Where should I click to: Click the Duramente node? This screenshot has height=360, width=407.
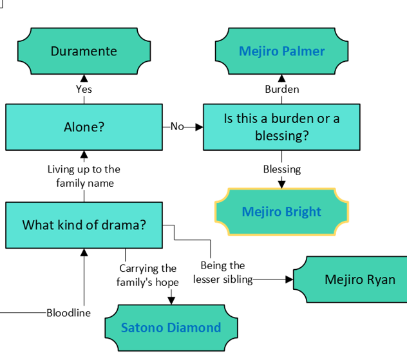(x=84, y=52)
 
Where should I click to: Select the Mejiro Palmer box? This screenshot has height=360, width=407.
(x=281, y=52)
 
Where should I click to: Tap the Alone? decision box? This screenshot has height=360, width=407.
(x=84, y=127)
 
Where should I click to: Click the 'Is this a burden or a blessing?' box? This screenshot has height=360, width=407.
(x=281, y=127)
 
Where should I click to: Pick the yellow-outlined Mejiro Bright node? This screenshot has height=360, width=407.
(x=281, y=211)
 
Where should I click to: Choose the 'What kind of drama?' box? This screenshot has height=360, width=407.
(x=84, y=225)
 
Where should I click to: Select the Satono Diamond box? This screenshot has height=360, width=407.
(x=171, y=327)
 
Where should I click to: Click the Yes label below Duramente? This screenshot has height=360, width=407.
(x=84, y=90)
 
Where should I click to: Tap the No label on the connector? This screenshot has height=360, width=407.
(x=177, y=127)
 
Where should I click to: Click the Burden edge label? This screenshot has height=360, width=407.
(x=281, y=90)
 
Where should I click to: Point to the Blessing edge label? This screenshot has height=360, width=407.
(x=281, y=169)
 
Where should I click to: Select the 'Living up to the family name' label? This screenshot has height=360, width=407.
(x=84, y=176)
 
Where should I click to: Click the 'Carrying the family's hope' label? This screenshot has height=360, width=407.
(x=147, y=275)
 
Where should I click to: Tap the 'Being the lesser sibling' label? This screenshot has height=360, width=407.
(x=223, y=272)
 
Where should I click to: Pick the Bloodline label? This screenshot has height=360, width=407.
(x=68, y=313)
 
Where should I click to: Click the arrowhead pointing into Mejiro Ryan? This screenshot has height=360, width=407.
(x=289, y=279)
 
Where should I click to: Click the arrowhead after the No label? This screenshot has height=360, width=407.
(x=199, y=127)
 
